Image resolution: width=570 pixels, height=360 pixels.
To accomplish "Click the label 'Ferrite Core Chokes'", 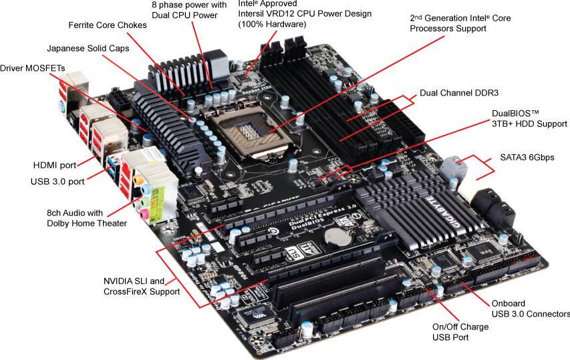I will [107, 25].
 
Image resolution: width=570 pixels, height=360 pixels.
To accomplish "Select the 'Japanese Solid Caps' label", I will [88, 49].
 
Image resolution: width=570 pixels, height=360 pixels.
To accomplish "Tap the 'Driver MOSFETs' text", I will [28, 68].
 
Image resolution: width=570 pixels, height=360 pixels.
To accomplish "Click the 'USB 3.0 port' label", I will [57, 181].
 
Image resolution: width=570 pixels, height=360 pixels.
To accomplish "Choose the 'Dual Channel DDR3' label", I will [459, 93].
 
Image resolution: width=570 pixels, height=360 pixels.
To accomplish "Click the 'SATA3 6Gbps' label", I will [527, 158].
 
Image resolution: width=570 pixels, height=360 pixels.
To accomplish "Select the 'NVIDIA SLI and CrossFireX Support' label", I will [141, 286].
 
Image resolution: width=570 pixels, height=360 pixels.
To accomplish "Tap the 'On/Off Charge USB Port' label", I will [461, 332].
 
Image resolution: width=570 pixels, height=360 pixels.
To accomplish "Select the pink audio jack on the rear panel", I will [142, 212].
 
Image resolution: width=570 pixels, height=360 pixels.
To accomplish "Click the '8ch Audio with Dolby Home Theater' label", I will [87, 218].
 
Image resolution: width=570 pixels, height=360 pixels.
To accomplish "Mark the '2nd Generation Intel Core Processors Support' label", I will [460, 23].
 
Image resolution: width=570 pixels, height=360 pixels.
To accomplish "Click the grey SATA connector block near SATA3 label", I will [454, 167].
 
